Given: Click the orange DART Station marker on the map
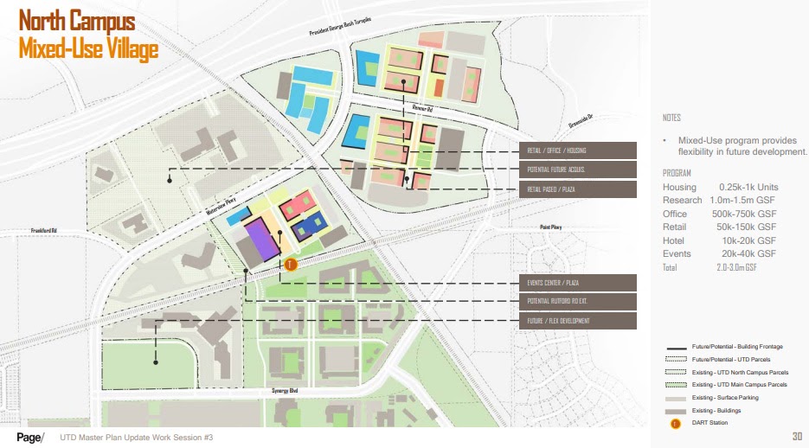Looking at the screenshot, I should coord(291,265).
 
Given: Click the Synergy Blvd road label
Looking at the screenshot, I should coord(282,392).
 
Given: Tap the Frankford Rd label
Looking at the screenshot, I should coord(42,231).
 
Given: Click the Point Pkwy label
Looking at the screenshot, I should coord(551,227).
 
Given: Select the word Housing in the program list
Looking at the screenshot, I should coord(679,188).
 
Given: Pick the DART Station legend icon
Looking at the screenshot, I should coord(675,422).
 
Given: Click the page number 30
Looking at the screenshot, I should coord(797,436).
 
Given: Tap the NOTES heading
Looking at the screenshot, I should coord(671,118).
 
